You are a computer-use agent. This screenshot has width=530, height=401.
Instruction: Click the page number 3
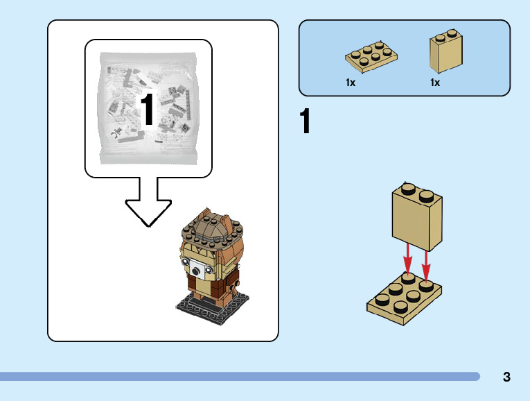[506, 377]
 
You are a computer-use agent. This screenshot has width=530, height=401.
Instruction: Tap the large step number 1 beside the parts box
[305, 121]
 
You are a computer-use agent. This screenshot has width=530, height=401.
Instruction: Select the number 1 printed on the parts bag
[148, 109]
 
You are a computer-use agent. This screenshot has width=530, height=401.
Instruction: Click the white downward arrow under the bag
[148, 202]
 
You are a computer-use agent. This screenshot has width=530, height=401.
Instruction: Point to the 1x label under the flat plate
[351, 83]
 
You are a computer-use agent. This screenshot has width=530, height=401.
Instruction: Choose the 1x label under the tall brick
[435, 83]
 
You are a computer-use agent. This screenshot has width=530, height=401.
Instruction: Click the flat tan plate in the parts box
[371, 56]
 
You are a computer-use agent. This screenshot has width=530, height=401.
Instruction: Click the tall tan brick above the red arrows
[417, 216]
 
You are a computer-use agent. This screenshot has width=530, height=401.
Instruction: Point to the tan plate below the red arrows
[404, 298]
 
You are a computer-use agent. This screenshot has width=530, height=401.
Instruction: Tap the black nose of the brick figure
[195, 271]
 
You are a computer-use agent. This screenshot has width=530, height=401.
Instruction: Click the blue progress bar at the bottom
[240, 377]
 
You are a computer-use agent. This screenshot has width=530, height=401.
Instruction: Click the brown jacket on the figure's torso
[211, 284]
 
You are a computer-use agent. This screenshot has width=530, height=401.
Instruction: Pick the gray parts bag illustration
[148, 108]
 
